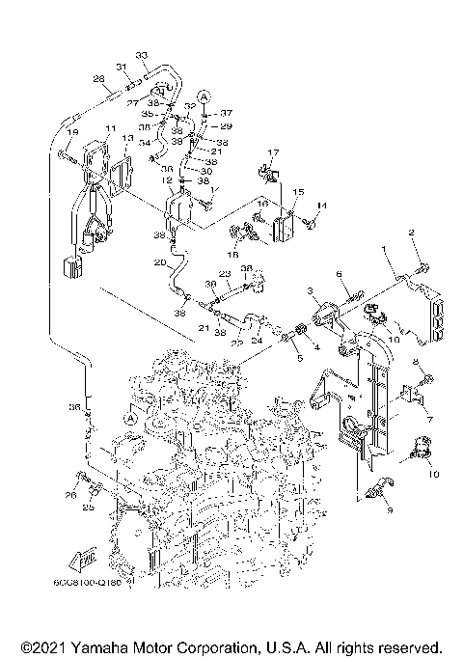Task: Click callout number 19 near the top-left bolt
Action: (72, 131)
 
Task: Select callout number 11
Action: (111, 128)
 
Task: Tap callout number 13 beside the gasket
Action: (128, 140)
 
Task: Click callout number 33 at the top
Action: (141, 54)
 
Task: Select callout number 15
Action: (297, 193)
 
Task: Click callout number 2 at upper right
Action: (411, 233)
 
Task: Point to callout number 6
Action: (340, 275)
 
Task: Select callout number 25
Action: (88, 507)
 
